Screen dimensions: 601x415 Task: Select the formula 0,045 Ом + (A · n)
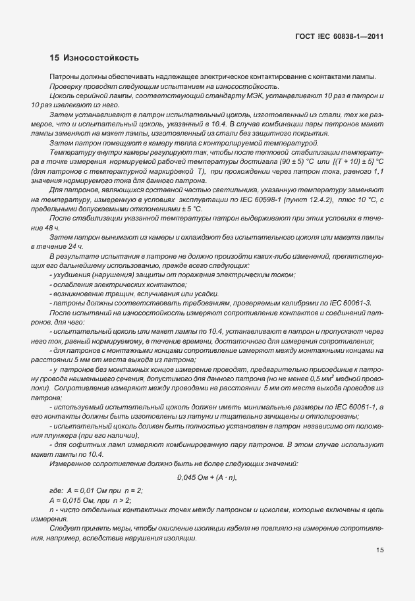point(207,477)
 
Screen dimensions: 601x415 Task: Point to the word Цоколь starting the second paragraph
point(63,96)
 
